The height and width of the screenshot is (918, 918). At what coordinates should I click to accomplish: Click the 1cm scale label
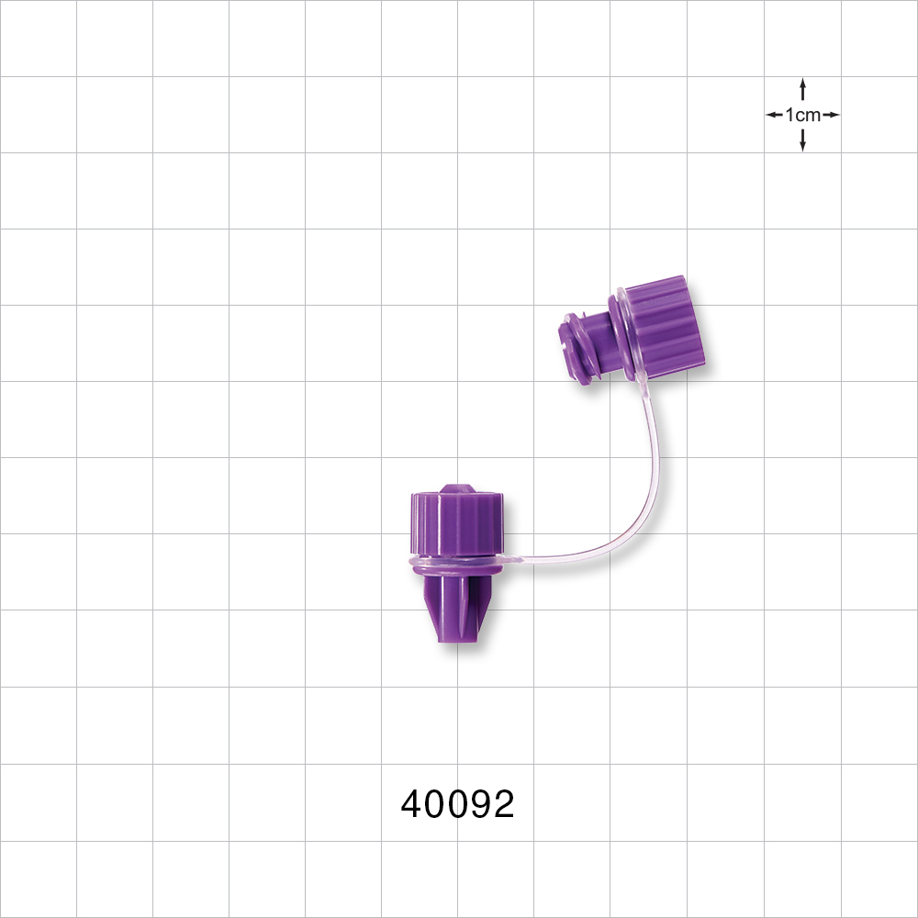[802, 115]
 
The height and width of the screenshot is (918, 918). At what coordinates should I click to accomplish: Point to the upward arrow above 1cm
[802, 88]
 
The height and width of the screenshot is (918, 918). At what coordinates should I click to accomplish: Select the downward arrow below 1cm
[802, 141]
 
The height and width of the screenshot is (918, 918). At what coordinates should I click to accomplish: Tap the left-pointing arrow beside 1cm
[774, 115]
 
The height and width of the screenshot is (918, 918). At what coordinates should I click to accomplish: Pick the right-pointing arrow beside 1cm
[831, 115]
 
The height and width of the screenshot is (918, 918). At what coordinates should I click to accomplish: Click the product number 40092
[457, 805]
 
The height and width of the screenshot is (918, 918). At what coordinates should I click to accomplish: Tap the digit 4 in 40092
[411, 805]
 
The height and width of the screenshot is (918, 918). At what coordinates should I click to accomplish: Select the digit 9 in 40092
[480, 805]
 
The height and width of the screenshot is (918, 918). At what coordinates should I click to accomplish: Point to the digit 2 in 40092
[503, 805]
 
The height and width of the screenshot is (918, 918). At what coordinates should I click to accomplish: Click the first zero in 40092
[434, 805]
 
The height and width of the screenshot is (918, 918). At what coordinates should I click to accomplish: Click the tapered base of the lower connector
[454, 610]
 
